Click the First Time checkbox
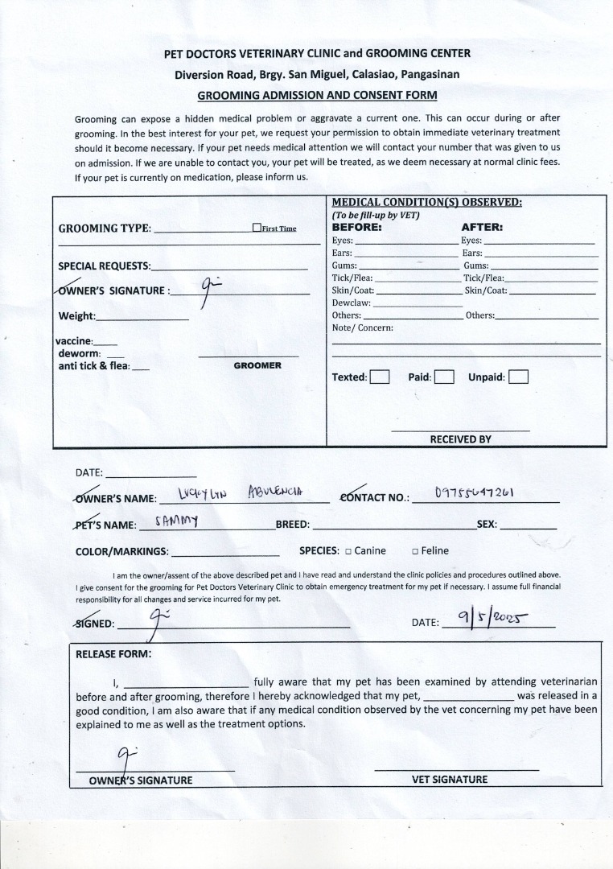pyautogui.click(x=257, y=228)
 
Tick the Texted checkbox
pyautogui.click(x=380, y=377)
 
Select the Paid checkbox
pyautogui.click(x=444, y=377)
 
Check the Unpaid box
pyautogui.click(x=519, y=377)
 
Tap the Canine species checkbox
pyautogui.click(x=348, y=551)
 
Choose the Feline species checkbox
pyautogui.click(x=415, y=551)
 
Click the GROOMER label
pyautogui.click(x=257, y=365)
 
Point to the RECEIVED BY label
pyautogui.click(x=460, y=439)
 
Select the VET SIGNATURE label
pyautogui.click(x=450, y=779)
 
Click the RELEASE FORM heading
pyautogui.click(x=113, y=653)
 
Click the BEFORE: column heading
pyautogui.click(x=357, y=227)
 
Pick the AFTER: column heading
pyautogui.click(x=482, y=227)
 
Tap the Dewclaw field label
pyautogui.click(x=352, y=303)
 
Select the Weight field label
pyautogui.click(x=77, y=316)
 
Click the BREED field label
pyautogui.click(x=293, y=525)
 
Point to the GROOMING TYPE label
pyautogui.click(x=105, y=229)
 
